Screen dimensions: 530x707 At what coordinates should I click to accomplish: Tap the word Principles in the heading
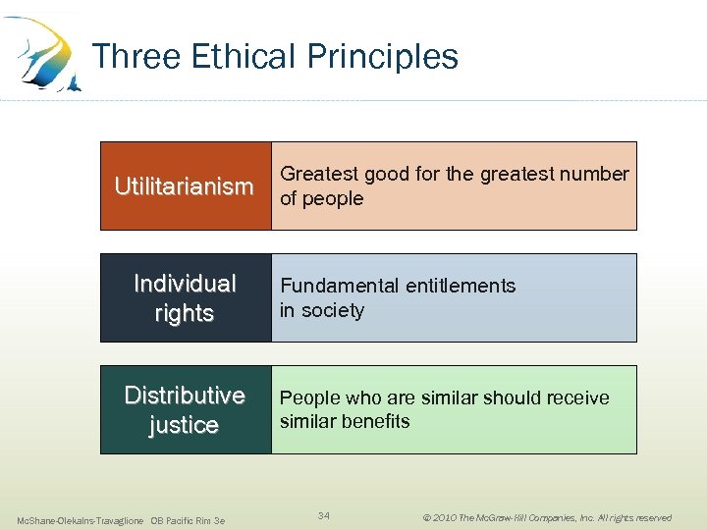382,57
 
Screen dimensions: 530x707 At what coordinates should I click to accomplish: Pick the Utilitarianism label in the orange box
185,186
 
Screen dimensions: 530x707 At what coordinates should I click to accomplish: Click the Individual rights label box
185,298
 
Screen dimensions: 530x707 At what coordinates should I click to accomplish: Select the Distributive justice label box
185,410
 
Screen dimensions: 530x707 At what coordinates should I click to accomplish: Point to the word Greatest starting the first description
319,175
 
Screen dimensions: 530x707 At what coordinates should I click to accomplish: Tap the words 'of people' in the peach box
322,199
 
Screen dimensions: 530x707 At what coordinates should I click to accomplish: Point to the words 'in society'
322,311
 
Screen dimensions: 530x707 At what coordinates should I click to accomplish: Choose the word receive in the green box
574,398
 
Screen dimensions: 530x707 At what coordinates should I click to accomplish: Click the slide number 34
325,515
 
